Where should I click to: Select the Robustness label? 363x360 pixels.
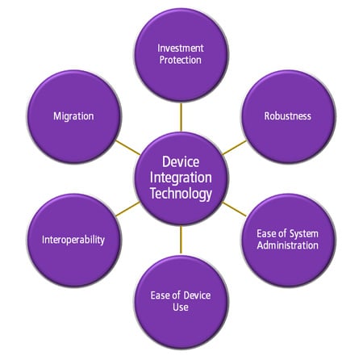point(287,116)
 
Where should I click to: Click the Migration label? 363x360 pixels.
point(73,116)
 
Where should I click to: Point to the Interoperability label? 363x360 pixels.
point(73,240)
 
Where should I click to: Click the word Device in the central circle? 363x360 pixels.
point(181,161)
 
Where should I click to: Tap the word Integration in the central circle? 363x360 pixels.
point(181,178)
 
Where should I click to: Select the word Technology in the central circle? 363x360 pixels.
point(181,194)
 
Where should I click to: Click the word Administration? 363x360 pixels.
point(287,245)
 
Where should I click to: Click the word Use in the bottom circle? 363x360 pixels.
point(181,307)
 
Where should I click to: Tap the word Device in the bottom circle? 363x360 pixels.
point(191,295)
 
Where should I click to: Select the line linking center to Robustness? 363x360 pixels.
point(235,147)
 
